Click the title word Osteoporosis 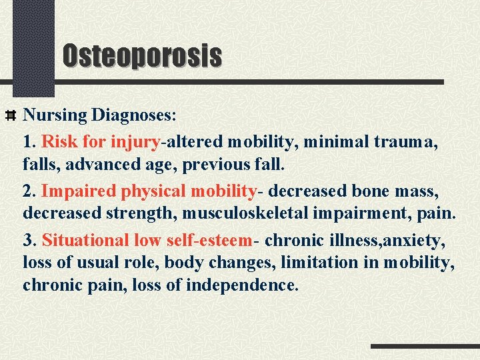click(141, 55)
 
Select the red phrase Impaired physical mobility click(149, 191)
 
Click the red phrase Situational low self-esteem click(147, 241)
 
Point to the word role click(143, 263)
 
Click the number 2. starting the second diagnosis click(30, 191)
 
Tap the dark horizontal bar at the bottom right click(425, 347)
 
